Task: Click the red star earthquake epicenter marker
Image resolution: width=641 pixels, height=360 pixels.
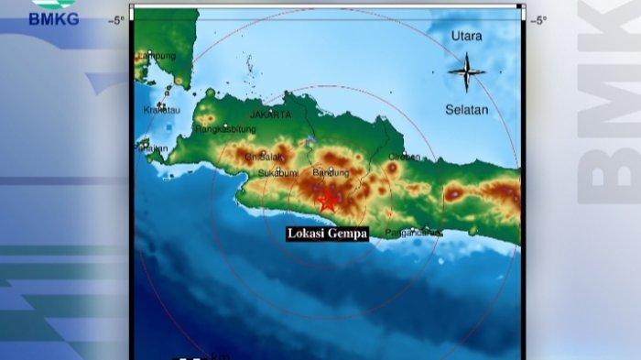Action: (327, 201)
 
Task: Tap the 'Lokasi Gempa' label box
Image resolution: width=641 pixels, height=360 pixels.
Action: (327, 234)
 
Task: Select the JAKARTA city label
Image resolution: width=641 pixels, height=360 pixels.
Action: (270, 115)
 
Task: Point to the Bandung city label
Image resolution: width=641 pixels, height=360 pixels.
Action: (331, 172)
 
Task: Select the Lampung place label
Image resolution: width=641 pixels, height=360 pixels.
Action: (158, 56)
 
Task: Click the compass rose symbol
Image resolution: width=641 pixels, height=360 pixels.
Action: (467, 71)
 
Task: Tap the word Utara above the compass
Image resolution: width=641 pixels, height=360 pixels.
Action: (466, 36)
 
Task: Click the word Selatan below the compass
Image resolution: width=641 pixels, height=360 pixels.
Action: (467, 109)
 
